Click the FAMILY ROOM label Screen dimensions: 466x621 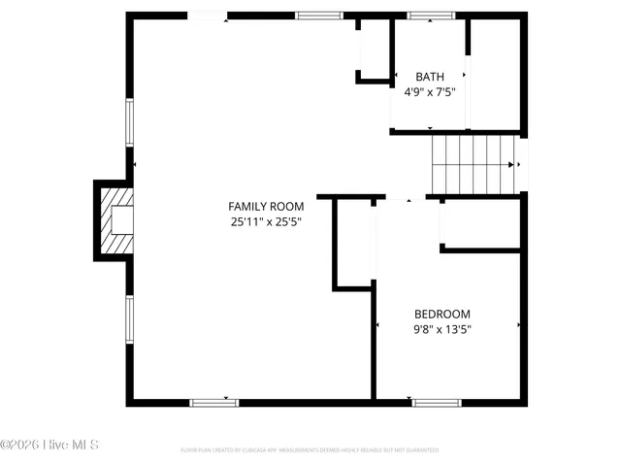pos(266,206)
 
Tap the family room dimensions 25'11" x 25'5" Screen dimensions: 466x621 pos(266,221)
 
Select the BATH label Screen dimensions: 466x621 pos(430,77)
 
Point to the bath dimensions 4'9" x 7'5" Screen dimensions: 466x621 pos(430,92)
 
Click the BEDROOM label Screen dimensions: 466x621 pos(442,314)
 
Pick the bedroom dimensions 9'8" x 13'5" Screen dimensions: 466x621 pos(442,329)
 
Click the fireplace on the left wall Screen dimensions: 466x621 pos(114,220)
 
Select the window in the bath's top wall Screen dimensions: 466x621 pos(431,16)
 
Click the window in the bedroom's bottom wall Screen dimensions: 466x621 pos(436,402)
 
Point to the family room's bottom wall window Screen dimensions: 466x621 pos(213,402)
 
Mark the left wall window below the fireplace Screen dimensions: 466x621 pos(129,319)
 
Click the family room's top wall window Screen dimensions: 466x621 pos(319,16)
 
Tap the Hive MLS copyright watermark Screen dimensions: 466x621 pos(50,446)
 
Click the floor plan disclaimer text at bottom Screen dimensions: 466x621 pos(310,450)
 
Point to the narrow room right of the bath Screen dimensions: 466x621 pos(496,73)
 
